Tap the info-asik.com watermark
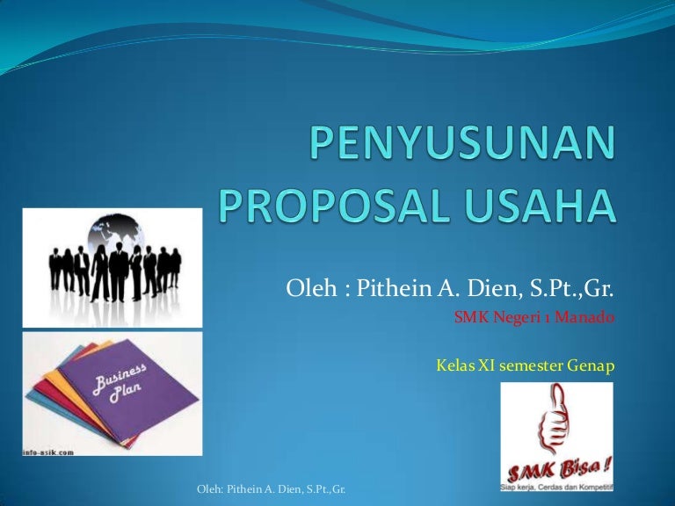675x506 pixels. pyautogui.click(x=49, y=452)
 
